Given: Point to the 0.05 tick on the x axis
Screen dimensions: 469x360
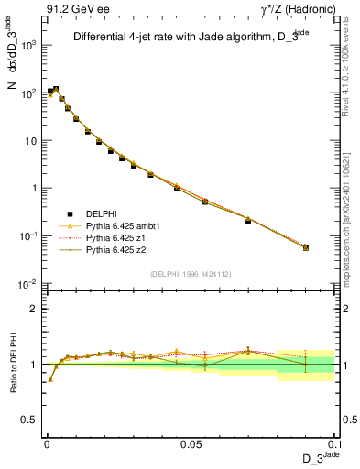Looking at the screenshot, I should pyautogui.click(x=190, y=442).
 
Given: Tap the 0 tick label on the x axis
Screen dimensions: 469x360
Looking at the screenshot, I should pyautogui.click(x=46, y=442).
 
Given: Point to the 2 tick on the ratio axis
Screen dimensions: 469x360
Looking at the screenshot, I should pyautogui.click(x=37, y=309).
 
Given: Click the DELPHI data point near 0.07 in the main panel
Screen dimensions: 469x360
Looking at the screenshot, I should pyautogui.click(x=248, y=221).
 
